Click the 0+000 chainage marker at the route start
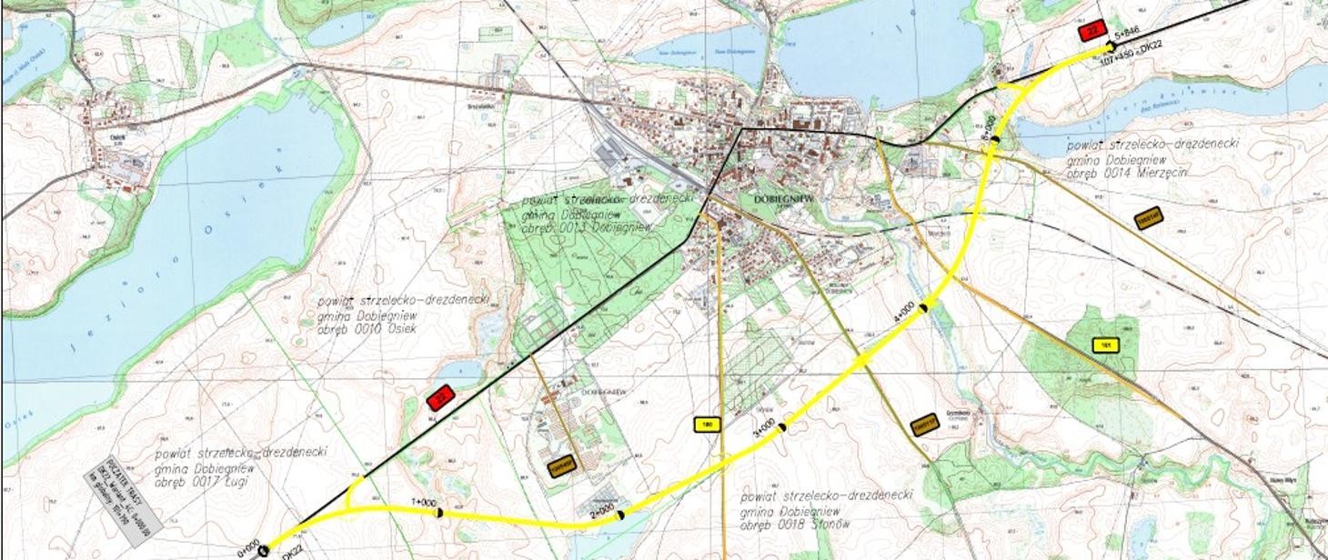pyautogui.click(x=249, y=550)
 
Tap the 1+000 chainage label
pyautogui.click(x=424, y=503)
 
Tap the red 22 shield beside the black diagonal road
pyautogui.click(x=440, y=397)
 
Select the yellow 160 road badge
pyautogui.click(x=706, y=424)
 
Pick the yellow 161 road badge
pyautogui.click(x=1106, y=345)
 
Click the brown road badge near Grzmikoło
pyautogui.click(x=925, y=424)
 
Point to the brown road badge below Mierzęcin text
pyautogui.click(x=1149, y=218)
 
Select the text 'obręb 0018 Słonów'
pyautogui.click(x=790, y=525)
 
